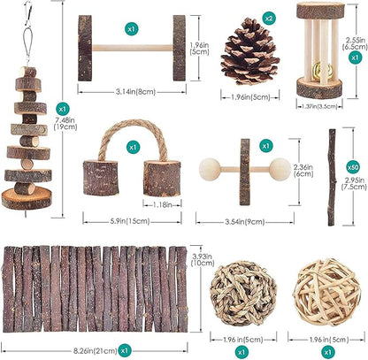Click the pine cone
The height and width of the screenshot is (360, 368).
click(249, 51)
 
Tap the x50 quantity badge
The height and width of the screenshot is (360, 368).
click(353, 167)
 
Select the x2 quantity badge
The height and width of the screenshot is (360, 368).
click(269, 19)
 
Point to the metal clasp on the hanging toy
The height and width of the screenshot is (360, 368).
click(28, 13)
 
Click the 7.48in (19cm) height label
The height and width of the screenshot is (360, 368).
click(65, 124)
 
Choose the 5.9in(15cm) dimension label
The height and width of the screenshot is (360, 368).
click(130, 221)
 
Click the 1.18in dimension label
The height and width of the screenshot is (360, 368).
click(162, 204)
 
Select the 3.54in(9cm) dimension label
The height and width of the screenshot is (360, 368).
click(245, 222)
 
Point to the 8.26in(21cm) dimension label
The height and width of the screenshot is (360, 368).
click(95, 351)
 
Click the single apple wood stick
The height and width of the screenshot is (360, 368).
click(332, 178)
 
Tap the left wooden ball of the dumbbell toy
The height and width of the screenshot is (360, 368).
click(210, 169)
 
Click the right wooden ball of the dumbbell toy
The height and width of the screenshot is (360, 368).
click(280, 169)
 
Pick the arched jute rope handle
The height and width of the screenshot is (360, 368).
click(133, 140)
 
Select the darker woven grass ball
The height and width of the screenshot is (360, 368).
click(243, 294)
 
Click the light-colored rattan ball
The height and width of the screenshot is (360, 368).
click(327, 292)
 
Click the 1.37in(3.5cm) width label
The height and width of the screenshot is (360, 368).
click(319, 106)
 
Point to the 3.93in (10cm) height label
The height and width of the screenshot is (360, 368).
click(202, 258)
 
